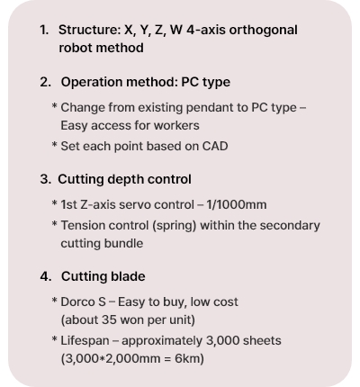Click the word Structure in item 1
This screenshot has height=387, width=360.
pos(89,30)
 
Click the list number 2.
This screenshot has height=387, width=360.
pos(45,82)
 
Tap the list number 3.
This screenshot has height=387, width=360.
pos(45,179)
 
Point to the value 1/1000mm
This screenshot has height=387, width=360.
pos(237,205)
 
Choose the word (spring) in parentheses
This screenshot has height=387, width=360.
pos(174,226)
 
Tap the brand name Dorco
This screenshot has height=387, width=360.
pos(77,302)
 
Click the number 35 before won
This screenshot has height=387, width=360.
pos(109,319)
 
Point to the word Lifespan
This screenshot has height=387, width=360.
pos(85,341)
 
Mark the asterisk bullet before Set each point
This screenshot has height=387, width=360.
pos(54,145)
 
